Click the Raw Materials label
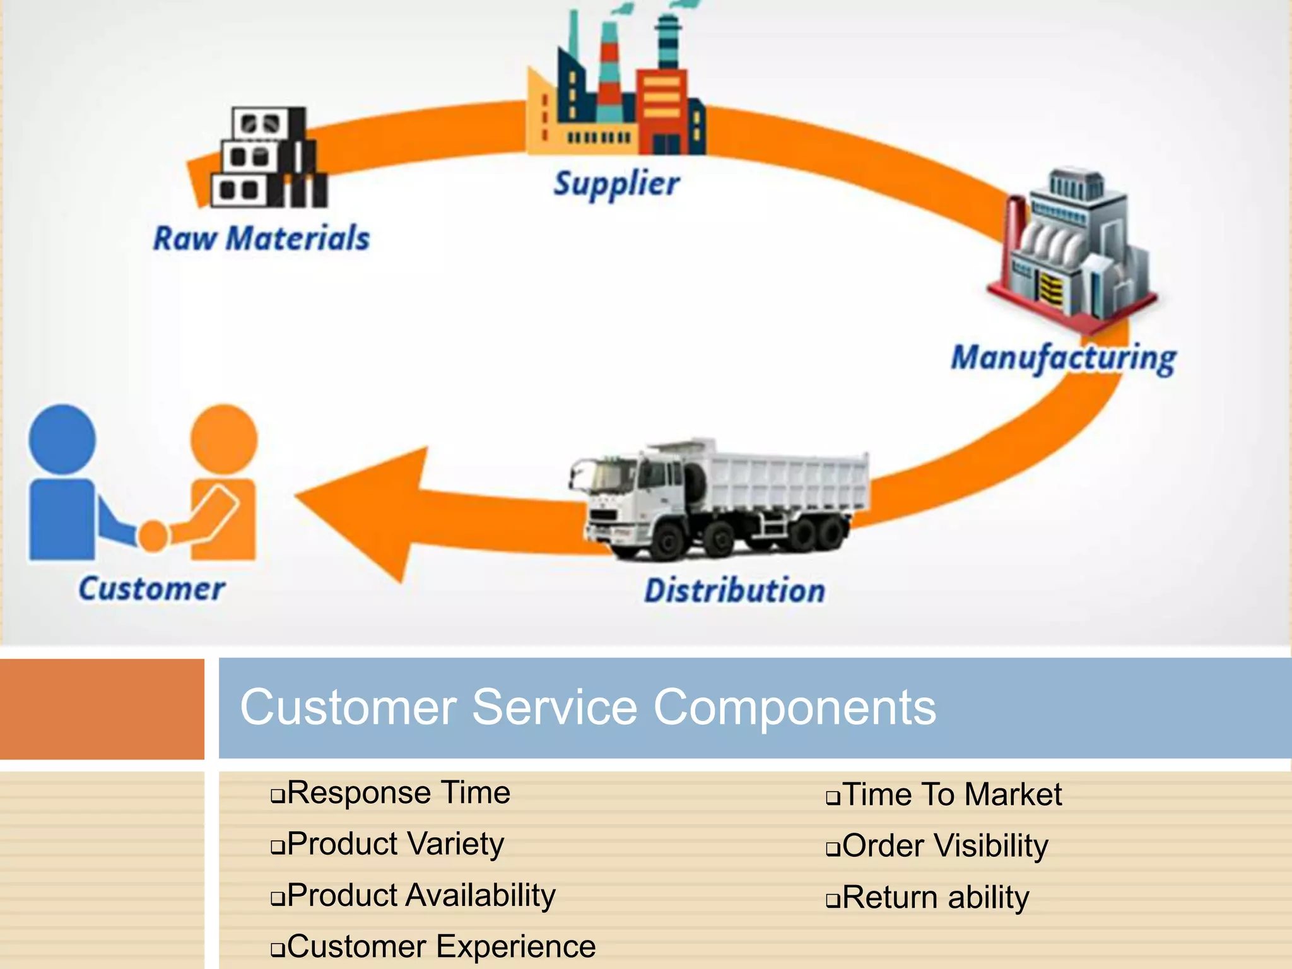(261, 238)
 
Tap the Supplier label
(616, 184)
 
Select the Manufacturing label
(1064, 358)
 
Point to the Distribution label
(734, 591)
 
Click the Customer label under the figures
(151, 589)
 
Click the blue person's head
(62, 440)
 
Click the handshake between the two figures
(153, 535)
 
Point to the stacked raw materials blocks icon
(268, 158)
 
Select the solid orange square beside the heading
(102, 708)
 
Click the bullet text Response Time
(398, 792)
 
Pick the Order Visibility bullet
(944, 845)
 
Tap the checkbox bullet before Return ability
(833, 900)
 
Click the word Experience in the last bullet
(515, 946)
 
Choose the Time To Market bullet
(951, 794)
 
